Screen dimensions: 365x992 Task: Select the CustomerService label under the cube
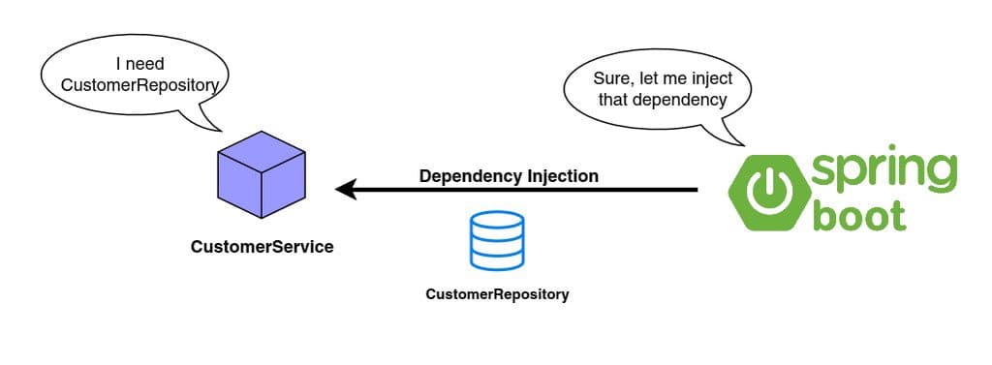262,247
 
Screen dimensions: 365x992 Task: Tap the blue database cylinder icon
497,240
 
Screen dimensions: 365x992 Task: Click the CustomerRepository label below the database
497,294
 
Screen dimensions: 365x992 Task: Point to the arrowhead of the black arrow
345,191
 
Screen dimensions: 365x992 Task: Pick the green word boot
859,215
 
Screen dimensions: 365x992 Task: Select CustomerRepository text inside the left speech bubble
139,85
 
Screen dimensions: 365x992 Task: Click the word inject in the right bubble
707,78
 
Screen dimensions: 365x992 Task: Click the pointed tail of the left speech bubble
214,127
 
